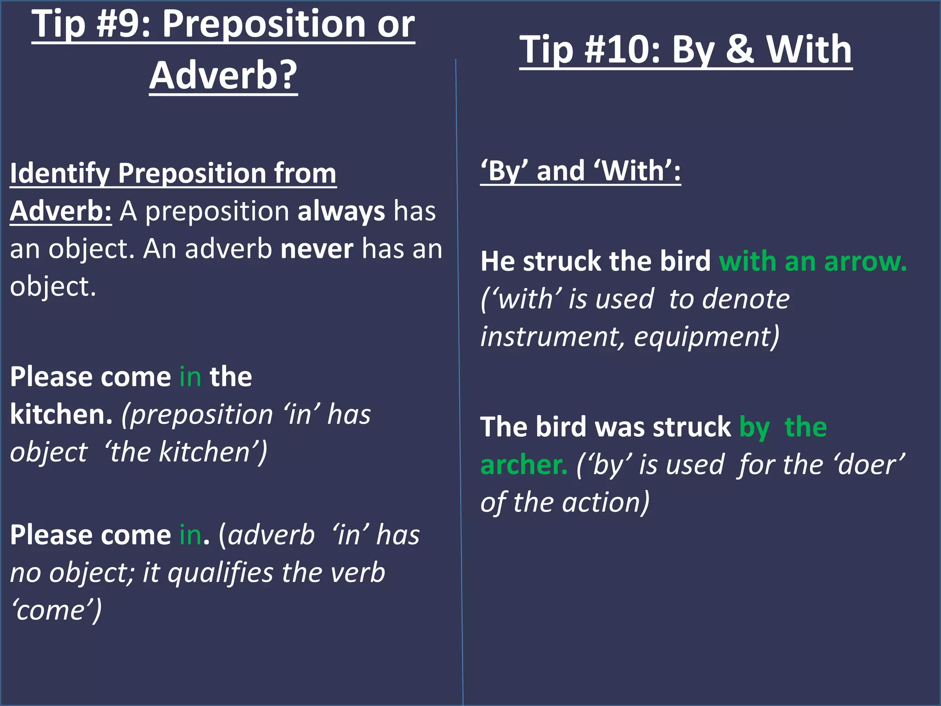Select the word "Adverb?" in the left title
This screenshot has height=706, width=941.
pos(223,75)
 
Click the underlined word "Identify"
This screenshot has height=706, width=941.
pos(59,174)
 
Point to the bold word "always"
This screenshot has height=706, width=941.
pos(341,212)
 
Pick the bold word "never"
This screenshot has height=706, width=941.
pos(317,250)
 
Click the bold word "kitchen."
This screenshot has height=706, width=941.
pos(61,415)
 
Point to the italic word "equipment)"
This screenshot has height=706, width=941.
pos(707,337)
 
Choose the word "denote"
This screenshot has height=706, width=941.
pos(729,300)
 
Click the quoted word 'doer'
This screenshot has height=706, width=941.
pos(870,465)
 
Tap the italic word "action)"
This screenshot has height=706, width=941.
pos(606,502)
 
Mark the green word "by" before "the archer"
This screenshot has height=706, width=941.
pos(754,428)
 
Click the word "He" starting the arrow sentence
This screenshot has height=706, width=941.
pos(497,262)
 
